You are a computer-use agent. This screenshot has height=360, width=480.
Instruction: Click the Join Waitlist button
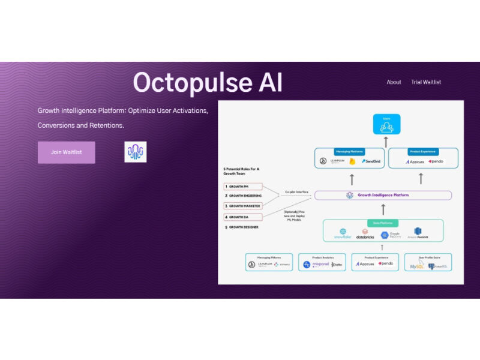pyautogui.click(x=66, y=152)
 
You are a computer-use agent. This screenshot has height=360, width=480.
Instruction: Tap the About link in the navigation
pyautogui.click(x=394, y=82)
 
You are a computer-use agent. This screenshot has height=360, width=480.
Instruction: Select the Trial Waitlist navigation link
pyautogui.click(x=426, y=82)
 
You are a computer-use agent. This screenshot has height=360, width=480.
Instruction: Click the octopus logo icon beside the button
pyautogui.click(x=135, y=152)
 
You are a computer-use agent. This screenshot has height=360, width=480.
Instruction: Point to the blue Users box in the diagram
pyautogui.click(x=386, y=125)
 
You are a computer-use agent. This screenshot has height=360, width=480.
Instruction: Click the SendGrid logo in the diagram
pyautogui.click(x=373, y=161)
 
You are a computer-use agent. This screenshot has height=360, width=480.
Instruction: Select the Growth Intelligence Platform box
pyautogui.click(x=383, y=195)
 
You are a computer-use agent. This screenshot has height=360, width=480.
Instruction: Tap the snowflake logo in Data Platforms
pyautogui.click(x=343, y=233)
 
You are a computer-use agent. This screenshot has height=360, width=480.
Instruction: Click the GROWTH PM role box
pyautogui.click(x=243, y=187)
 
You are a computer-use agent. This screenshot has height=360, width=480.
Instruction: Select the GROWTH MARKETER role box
pyautogui.click(x=243, y=206)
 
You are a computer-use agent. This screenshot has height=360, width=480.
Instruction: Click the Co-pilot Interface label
pyautogui.click(x=296, y=192)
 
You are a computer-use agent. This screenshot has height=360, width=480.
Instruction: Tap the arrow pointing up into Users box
pyautogui.click(x=386, y=142)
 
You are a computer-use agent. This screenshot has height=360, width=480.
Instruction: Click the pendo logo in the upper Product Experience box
pyautogui.click(x=434, y=161)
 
